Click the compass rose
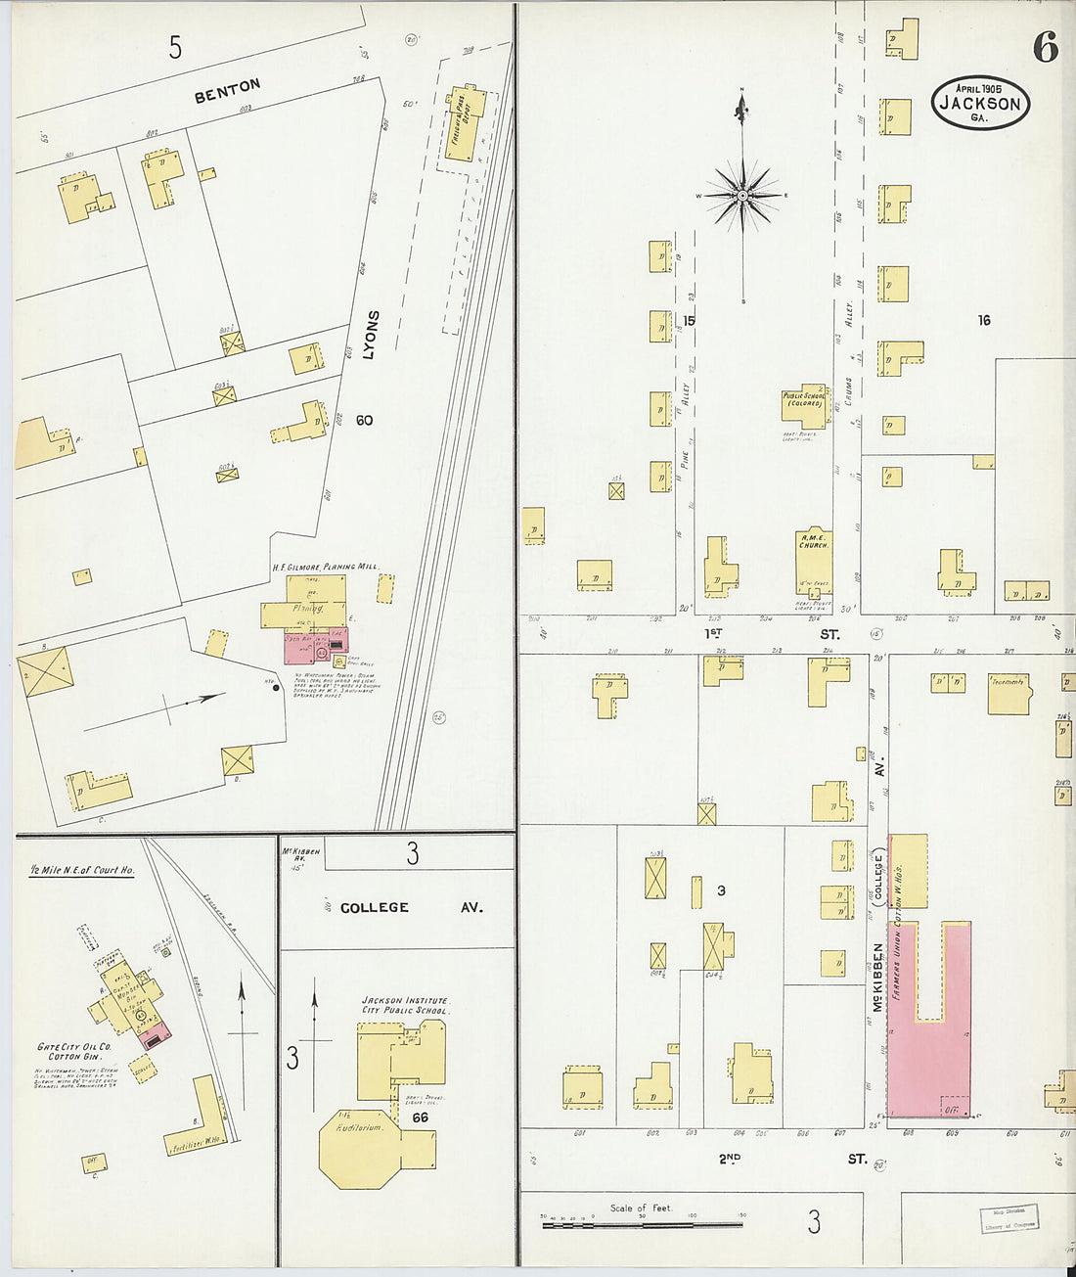tap(742, 196)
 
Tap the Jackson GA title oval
tap(980, 103)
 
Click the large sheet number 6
tap(1045, 47)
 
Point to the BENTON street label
tap(227, 91)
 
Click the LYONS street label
tap(370, 335)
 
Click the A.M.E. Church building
tap(814, 562)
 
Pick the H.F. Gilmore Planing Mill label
tap(325, 567)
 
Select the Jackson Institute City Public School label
tap(404, 1005)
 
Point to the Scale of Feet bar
tap(642, 1223)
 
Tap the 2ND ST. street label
tap(792, 1159)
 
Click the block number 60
tap(364, 420)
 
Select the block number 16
tap(983, 320)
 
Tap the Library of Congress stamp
tap(1009, 1217)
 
